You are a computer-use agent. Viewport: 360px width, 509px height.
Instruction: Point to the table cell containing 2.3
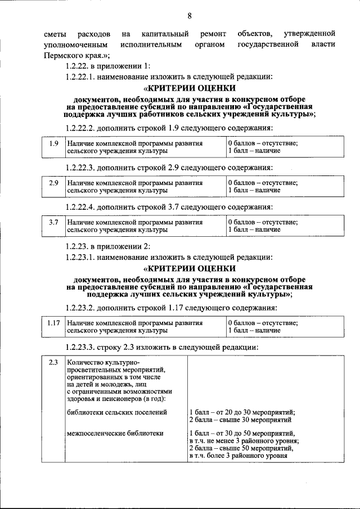pos(53,362)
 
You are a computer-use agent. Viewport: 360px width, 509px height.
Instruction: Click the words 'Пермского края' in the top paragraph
pos(73,55)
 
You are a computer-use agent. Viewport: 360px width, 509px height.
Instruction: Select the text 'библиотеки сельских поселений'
pos(116,412)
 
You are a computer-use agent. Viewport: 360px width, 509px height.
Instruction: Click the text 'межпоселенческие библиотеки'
pos(115,434)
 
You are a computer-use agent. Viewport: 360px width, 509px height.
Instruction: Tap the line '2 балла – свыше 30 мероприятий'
pos(240,420)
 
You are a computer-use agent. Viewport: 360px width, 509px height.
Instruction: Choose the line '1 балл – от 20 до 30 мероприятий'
pos(242,412)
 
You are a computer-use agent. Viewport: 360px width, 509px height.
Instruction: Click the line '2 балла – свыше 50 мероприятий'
pos(241,449)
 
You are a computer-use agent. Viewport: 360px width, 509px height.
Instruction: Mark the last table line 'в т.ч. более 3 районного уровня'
pos(238,456)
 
